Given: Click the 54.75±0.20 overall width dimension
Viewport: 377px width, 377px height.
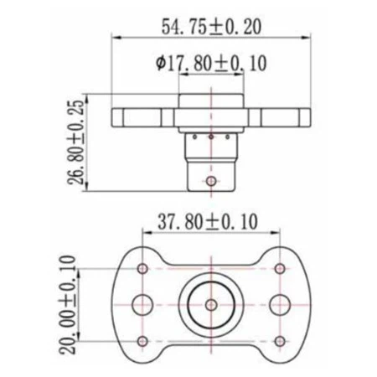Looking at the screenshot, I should pos(210,26).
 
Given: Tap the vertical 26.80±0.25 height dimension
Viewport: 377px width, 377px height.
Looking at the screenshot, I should pos(76,142).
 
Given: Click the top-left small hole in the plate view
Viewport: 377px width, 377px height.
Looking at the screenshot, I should pos(142,268).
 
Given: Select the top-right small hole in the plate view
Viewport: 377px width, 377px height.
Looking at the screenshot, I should pos(279,268).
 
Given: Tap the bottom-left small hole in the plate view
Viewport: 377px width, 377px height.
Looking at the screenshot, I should pos(142,339).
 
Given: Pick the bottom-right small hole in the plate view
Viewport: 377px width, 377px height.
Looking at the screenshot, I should pos(279,339).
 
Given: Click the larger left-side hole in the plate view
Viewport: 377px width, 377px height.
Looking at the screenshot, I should pos(143,303).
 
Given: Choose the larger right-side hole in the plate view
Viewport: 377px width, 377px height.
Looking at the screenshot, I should pos(278,303).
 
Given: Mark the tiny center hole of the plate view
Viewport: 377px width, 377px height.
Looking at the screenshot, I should pos(210,303).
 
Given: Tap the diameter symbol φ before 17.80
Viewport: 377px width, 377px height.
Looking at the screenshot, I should pos(158,62).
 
